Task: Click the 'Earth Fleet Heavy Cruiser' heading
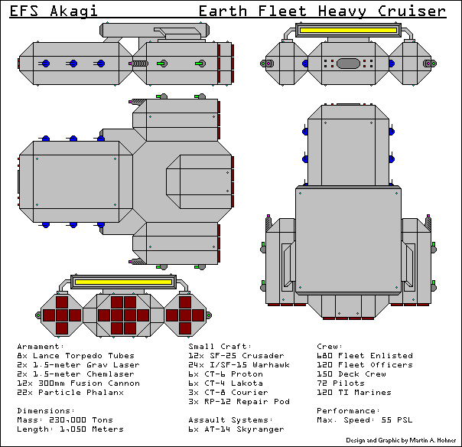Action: [321, 11]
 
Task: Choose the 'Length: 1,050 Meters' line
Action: [70, 429]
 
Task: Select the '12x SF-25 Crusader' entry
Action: [236, 356]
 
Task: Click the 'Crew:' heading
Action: [330, 347]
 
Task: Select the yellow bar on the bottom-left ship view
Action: [124, 282]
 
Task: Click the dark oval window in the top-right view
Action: [348, 64]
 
